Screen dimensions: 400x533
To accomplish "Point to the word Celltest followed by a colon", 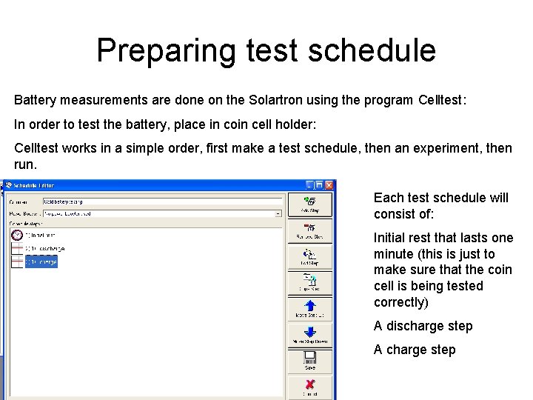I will (x=442, y=99).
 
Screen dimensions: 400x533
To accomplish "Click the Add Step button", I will (x=310, y=203).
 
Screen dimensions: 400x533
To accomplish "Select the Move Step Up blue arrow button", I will (x=310, y=307).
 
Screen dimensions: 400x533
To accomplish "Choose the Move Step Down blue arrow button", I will (x=310, y=335).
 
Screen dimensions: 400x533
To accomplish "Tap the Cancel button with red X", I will (x=310, y=387).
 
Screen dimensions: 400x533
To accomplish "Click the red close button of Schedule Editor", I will (x=329, y=185).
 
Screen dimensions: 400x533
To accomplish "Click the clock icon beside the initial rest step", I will (x=16, y=235).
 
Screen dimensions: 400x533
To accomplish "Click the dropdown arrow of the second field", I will (x=278, y=213).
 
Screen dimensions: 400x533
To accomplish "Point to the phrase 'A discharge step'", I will (x=423, y=326).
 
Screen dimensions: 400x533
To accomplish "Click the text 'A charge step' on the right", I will (x=415, y=350).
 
